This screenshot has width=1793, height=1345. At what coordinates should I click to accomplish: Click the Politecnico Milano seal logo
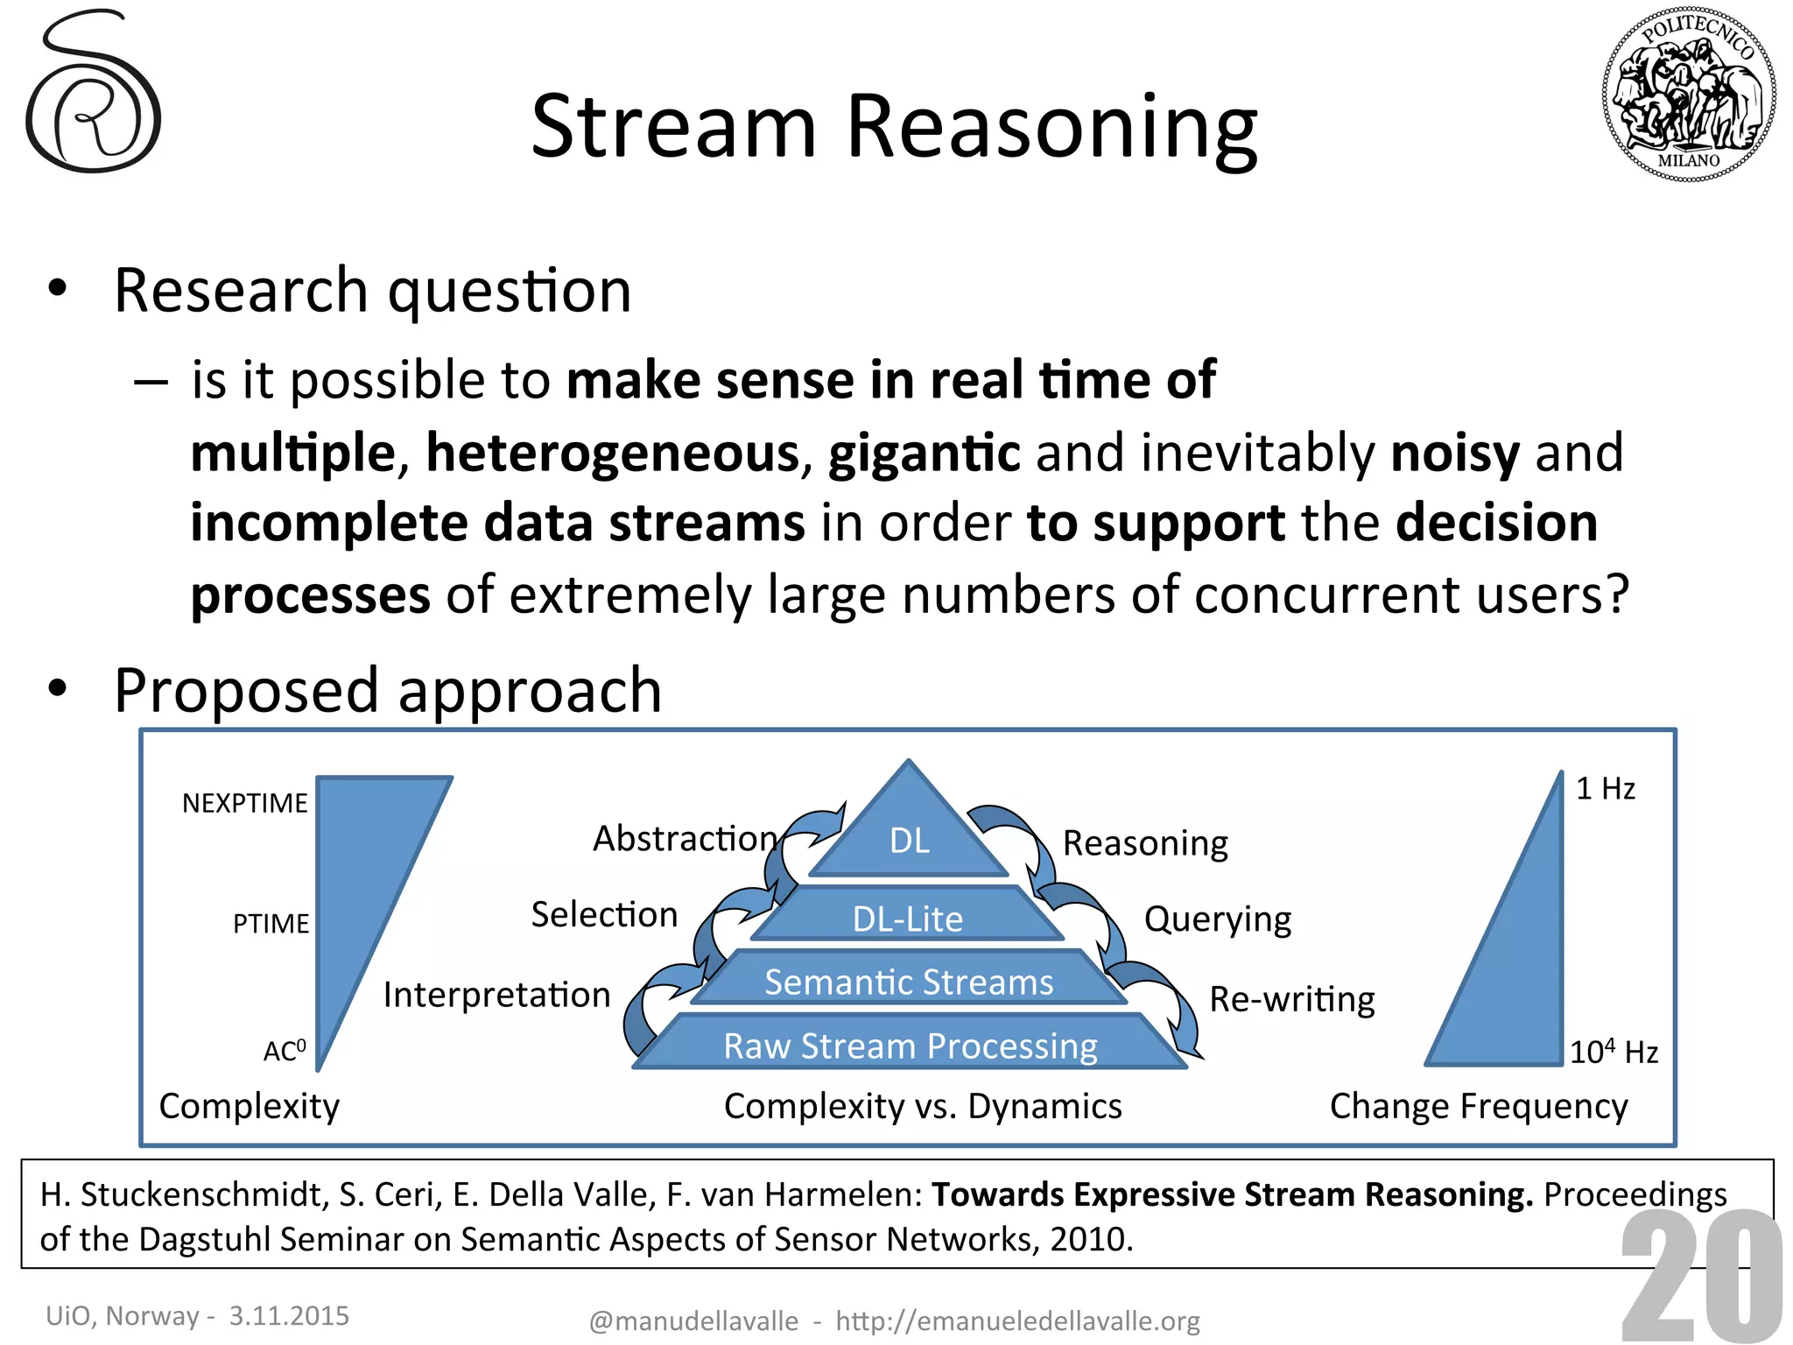pyautogui.click(x=1689, y=95)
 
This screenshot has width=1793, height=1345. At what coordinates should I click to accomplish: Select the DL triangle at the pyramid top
pyautogui.click(x=909, y=832)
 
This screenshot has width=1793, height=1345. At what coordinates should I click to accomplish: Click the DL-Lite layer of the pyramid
pyautogui.click(x=908, y=919)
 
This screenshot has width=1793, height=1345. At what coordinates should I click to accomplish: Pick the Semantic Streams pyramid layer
pyautogui.click(x=909, y=982)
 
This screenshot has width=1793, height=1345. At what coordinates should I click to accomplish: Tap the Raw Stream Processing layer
pyautogui.click(x=910, y=1046)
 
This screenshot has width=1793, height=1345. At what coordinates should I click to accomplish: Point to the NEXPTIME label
pyautogui.click(x=244, y=803)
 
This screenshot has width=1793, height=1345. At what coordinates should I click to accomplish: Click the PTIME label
pyautogui.click(x=271, y=924)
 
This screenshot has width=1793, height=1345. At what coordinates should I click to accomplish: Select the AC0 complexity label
pyautogui.click(x=285, y=1050)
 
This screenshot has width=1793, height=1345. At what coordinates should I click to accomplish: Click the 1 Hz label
pyautogui.click(x=1605, y=789)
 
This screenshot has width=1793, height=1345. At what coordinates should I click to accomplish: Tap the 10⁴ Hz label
pyautogui.click(x=1613, y=1051)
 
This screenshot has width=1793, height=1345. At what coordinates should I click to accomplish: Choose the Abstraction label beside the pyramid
pyautogui.click(x=685, y=838)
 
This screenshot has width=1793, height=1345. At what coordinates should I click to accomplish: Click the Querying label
pyautogui.click(x=1217, y=919)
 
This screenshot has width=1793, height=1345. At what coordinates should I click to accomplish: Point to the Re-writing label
pyautogui.click(x=1291, y=999)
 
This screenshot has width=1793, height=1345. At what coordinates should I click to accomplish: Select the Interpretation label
pyautogui.click(x=496, y=995)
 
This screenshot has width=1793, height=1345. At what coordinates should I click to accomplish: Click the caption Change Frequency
pyautogui.click(x=1478, y=1106)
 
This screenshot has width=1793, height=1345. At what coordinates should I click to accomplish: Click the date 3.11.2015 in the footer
pyautogui.click(x=289, y=1315)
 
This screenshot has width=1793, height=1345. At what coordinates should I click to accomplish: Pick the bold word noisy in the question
pyautogui.click(x=1454, y=453)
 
